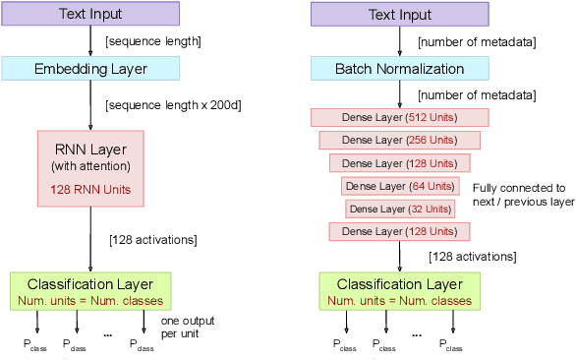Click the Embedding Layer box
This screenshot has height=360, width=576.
[90, 68]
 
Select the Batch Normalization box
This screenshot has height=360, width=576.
[399, 68]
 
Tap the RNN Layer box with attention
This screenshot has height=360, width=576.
[90, 167]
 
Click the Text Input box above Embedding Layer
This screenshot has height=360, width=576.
[90, 14]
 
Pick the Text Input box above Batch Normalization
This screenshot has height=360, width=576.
[399, 14]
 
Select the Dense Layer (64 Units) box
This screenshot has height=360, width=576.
[399, 185]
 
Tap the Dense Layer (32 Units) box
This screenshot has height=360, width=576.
[399, 209]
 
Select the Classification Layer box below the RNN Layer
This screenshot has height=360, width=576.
[90, 289]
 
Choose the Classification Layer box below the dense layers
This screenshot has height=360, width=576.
[399, 289]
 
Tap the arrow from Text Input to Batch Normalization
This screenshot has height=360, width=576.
[399, 40]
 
